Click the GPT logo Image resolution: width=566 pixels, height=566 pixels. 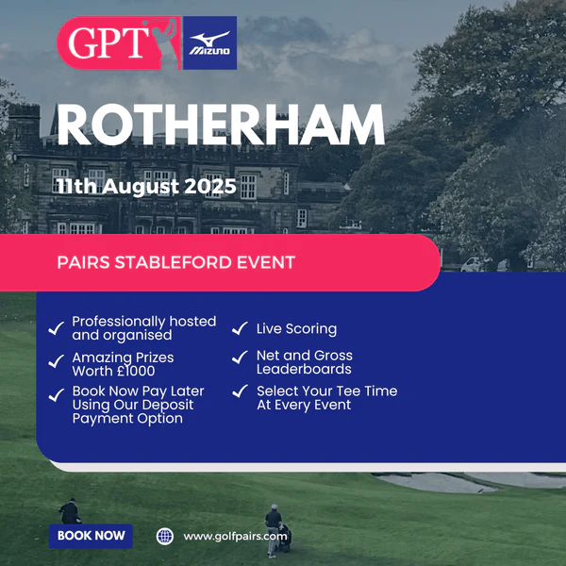pos(119,43)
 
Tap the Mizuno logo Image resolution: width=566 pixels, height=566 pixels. pos(209,43)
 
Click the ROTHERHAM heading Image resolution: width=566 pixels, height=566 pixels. pos(221,125)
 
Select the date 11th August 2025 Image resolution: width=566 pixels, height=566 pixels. pos(146,187)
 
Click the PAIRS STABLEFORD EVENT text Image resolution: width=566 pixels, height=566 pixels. pos(176,262)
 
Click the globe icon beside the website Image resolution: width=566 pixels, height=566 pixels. pos(165,537)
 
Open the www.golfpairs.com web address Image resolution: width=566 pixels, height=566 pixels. pos(235,537)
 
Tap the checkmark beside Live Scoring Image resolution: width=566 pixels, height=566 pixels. pos(240,328)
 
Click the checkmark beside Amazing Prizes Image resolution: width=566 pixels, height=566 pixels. pos(56,361)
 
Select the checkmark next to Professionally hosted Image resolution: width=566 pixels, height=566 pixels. pos(56,328)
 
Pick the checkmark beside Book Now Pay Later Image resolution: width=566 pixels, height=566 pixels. pos(56,395)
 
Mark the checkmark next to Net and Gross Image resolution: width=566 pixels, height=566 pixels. pos(240,357)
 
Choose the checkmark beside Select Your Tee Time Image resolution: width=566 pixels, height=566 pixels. pos(240,391)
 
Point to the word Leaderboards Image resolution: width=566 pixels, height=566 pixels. pos(304,369)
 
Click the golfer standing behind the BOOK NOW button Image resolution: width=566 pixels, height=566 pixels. pos(70,510)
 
